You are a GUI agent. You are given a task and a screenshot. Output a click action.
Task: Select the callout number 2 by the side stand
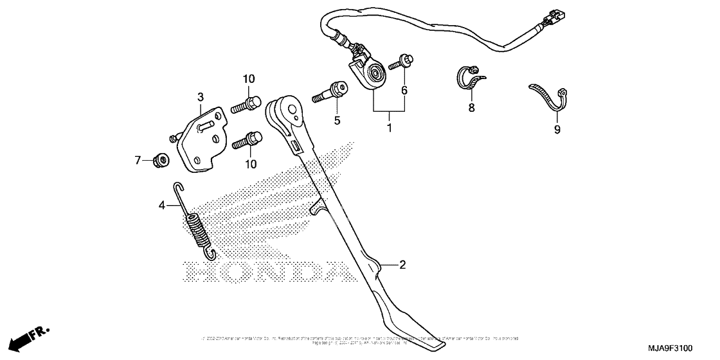pos(402,264)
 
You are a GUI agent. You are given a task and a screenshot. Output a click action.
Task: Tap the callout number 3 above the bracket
pos(200,97)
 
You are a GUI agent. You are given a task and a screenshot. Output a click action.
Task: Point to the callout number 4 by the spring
pos(162,205)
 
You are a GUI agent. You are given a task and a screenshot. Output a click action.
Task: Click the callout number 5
pos(336,120)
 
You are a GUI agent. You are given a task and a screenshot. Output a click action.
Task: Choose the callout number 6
pos(404,91)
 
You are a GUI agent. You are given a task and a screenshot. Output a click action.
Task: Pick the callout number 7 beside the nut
pos(137,159)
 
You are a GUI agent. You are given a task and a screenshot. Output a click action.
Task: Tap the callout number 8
pos(471,107)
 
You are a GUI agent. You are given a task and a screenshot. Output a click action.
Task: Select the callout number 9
pos(557,129)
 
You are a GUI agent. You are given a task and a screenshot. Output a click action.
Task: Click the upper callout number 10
pos(248,79)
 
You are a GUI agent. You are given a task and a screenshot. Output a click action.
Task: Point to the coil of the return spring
pos(198,231)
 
